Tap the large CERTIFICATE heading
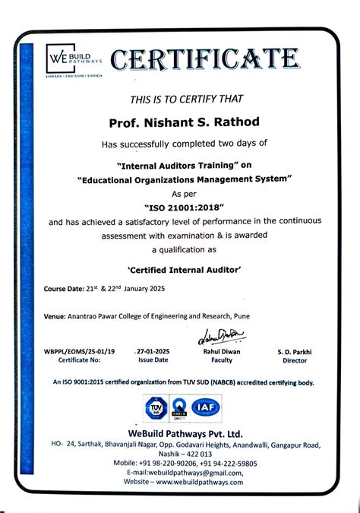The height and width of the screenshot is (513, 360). coord(204,58)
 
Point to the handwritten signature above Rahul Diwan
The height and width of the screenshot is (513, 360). coord(221,335)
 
